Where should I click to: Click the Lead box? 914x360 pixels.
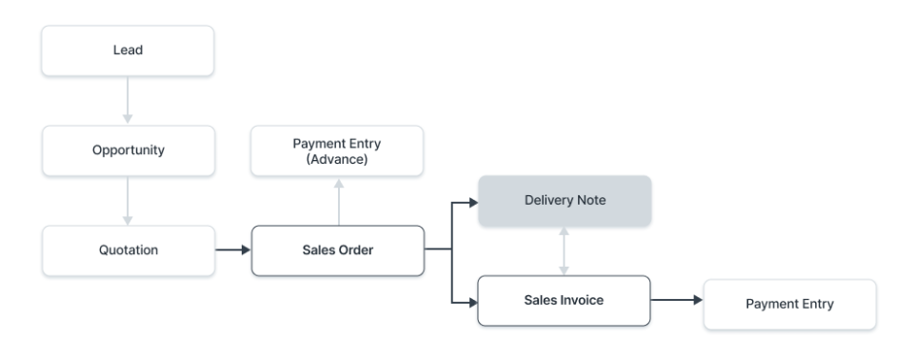point(128,51)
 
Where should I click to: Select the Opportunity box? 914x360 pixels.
point(128,151)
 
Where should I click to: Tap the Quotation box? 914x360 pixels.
point(128,250)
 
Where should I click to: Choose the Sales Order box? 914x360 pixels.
point(337,250)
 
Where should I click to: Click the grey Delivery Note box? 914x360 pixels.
point(565,201)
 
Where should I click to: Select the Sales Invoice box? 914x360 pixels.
point(564,300)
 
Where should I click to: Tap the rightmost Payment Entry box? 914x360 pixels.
point(789,304)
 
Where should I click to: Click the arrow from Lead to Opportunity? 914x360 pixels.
point(128,101)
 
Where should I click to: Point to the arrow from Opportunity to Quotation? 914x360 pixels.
point(128,201)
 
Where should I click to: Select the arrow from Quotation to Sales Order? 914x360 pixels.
point(231,250)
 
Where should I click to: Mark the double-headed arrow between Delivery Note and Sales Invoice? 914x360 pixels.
point(565,251)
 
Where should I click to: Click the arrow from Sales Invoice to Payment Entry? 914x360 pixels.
point(676,300)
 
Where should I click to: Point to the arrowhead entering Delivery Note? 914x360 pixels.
point(470,201)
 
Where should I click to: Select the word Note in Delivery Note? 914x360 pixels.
point(587,201)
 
